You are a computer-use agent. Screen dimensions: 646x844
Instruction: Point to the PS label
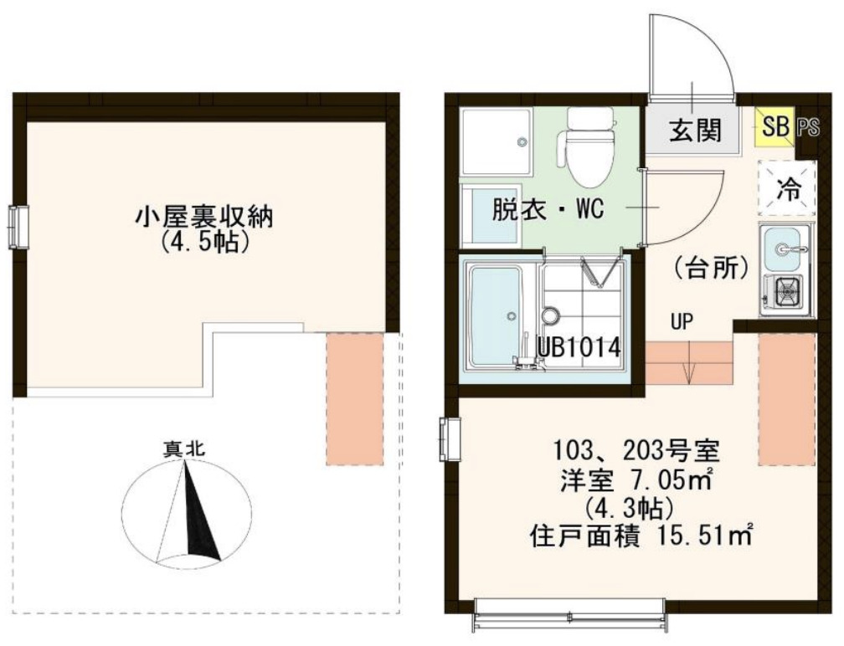808,127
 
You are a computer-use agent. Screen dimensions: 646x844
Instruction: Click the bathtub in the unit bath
494,315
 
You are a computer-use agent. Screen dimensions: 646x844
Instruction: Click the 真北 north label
184,448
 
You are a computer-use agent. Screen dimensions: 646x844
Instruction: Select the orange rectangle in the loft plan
354,399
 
